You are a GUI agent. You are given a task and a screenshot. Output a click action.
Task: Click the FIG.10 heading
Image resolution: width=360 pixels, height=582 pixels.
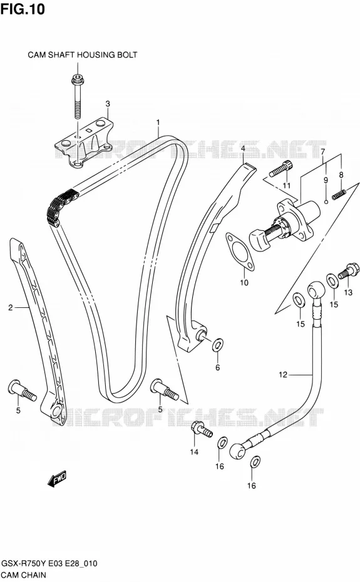(23, 9)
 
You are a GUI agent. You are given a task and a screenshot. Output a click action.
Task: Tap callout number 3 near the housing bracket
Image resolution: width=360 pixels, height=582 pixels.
(107, 103)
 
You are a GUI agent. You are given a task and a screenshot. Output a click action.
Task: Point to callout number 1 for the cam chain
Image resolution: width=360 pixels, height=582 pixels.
(158, 122)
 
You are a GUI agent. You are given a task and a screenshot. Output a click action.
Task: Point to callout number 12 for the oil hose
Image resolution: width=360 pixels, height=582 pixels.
(283, 374)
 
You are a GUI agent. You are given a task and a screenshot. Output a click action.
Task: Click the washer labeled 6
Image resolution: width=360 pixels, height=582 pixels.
(217, 345)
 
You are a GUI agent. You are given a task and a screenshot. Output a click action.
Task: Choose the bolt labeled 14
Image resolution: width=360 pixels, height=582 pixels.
(202, 430)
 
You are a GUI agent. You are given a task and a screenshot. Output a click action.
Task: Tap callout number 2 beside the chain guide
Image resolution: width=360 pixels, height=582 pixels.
(11, 307)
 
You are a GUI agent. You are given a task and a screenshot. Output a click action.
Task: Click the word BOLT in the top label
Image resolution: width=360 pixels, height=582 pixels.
(128, 55)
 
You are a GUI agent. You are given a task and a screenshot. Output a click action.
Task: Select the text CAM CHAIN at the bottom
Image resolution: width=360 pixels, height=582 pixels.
(23, 575)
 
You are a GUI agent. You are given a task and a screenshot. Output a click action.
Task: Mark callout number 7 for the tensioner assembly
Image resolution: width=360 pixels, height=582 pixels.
(322, 151)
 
